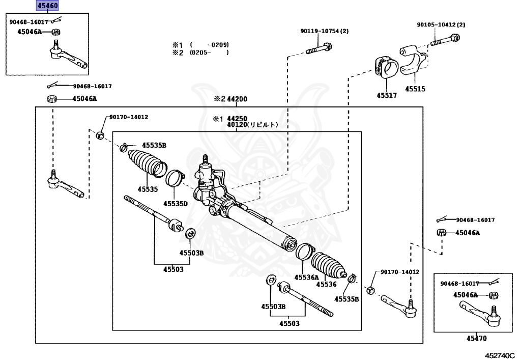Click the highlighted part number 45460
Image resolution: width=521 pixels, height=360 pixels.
tap(47, 6)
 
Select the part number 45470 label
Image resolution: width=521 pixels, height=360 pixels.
tap(476, 338)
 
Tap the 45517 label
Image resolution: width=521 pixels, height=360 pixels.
tap(387, 95)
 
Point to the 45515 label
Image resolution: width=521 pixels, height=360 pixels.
tap(415, 89)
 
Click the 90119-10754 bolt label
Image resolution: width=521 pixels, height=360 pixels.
tap(324, 31)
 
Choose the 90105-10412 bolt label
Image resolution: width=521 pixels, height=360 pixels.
tap(441, 24)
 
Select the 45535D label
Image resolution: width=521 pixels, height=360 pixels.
tap(176, 204)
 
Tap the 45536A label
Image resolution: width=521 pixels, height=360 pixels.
tap(306, 278)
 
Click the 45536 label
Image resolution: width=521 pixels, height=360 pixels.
tap(328, 284)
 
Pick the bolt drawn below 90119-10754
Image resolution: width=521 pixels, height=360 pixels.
tap(320, 50)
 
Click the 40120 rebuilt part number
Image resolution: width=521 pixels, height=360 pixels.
tap(253, 124)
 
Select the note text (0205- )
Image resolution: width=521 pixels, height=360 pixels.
tap(209, 52)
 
